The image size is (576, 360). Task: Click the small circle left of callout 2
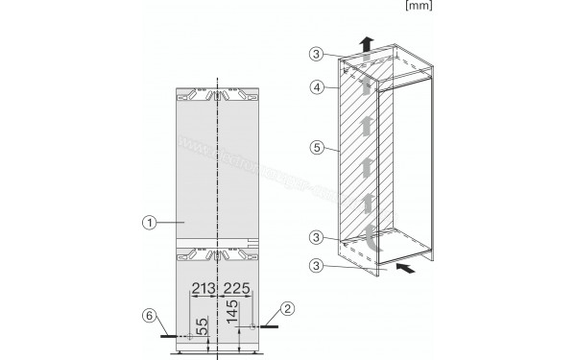[252, 327]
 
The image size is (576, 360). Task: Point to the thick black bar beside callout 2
[268, 327]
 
